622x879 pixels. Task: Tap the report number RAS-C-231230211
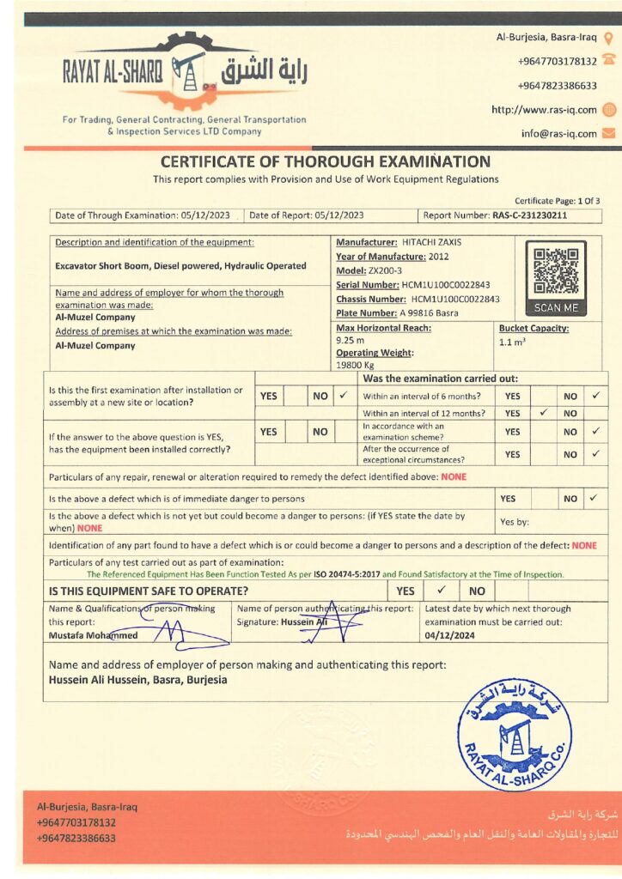(x=530, y=215)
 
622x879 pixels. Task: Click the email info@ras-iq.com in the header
(x=558, y=133)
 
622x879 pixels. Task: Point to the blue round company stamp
(x=515, y=735)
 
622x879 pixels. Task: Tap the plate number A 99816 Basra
(x=434, y=312)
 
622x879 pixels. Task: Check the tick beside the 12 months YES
(x=542, y=413)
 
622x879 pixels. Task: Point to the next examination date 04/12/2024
(x=449, y=636)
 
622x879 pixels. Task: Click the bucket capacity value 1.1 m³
(x=511, y=342)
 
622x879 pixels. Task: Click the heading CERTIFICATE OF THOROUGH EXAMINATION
(x=326, y=161)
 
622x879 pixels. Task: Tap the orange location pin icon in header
(x=608, y=38)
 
